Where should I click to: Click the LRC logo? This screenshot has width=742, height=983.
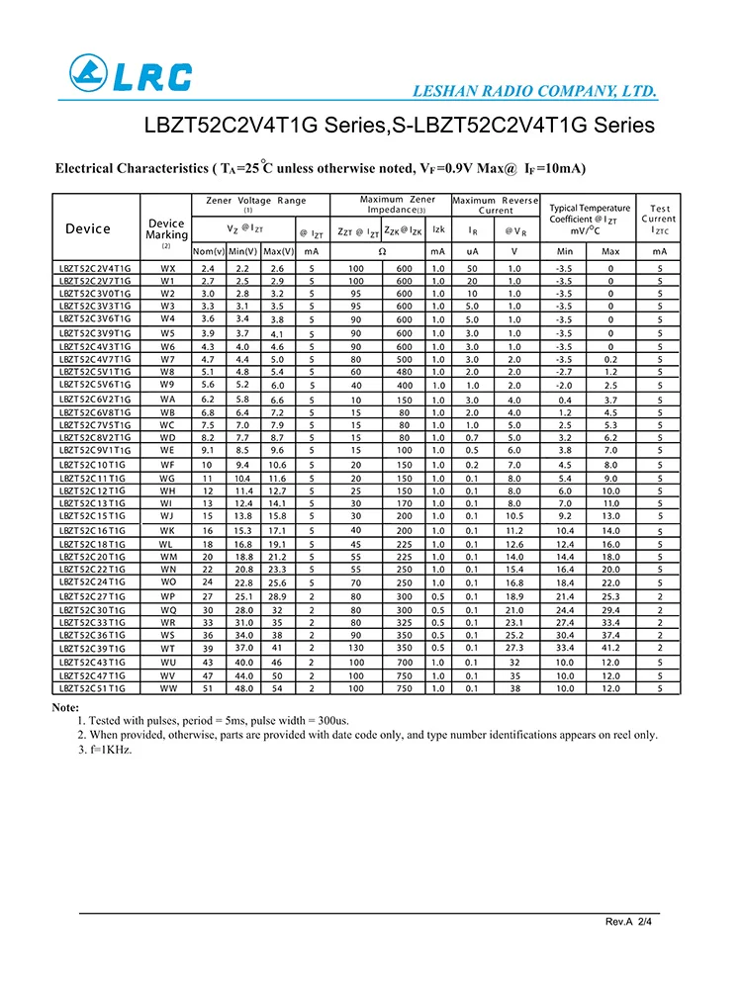point(131,74)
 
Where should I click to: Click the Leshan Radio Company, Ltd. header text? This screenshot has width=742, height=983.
point(534,92)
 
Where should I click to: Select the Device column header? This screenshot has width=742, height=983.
point(88,228)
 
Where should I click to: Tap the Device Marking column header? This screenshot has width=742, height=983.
point(166,229)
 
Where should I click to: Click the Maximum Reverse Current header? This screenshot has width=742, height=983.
point(496,205)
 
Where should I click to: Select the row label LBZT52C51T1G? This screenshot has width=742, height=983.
point(92,687)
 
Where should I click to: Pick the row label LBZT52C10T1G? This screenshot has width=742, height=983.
point(92,464)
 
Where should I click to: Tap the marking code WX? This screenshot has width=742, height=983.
point(167,268)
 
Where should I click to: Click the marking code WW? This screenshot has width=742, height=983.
point(167,687)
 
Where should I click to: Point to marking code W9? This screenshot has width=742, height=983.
point(167,384)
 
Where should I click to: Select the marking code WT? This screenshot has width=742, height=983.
point(167,649)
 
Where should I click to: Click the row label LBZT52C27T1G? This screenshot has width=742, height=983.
point(92,596)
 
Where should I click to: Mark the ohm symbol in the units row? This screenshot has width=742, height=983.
point(381,252)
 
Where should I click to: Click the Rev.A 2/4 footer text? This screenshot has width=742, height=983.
point(629,922)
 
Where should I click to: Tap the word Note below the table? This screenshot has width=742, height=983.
point(65,707)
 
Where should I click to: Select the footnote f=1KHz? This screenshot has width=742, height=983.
point(105,749)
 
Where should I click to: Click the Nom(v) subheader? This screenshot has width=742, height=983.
point(208,252)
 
